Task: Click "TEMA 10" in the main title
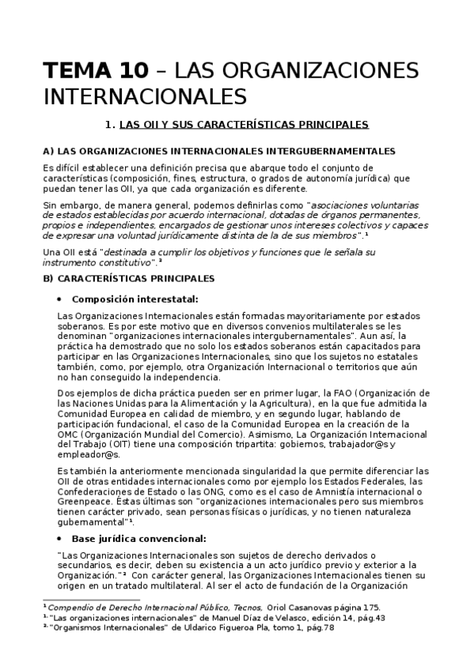click(95, 72)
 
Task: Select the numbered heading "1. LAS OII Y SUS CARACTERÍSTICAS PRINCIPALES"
click(237, 125)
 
